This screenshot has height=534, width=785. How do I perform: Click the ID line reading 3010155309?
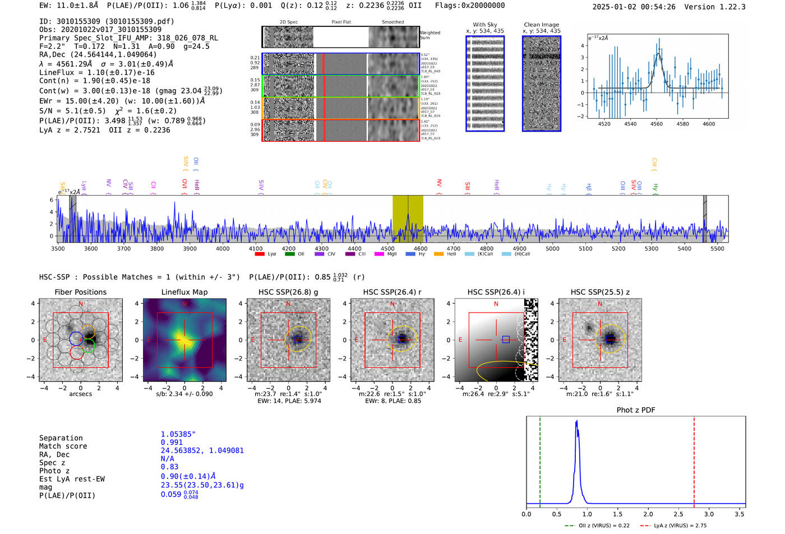107,21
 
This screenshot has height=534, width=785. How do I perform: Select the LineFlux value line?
96,72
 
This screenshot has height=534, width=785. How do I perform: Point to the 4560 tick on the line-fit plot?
656,124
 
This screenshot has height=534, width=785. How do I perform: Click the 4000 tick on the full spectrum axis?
223,249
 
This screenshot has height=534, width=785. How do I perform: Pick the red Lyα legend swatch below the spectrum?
260,254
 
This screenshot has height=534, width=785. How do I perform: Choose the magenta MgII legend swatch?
379,254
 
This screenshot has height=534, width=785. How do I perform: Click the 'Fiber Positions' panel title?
80,292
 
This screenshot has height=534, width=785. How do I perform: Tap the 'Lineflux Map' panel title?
184,292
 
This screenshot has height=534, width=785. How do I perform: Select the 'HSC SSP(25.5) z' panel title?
600,292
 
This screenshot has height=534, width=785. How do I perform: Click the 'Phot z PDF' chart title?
636,410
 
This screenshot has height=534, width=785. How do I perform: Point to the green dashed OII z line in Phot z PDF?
540,459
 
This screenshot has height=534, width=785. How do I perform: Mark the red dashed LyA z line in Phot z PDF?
694,459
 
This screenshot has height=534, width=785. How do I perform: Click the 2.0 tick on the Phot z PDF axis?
648,514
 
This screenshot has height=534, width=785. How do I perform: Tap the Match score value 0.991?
172,443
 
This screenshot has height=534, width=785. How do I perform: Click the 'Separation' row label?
61,438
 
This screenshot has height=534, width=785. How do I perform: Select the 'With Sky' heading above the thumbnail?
485,25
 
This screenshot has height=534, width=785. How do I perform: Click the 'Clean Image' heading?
541,25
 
